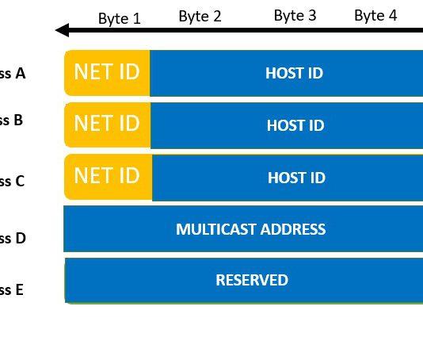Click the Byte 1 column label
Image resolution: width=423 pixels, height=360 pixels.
tap(120, 18)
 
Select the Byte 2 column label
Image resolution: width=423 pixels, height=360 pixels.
tap(200, 16)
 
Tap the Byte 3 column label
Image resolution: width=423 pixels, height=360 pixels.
tap(295, 15)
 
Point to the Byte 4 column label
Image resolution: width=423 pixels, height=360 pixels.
tap(375, 15)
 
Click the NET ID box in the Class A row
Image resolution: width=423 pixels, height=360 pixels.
tap(107, 72)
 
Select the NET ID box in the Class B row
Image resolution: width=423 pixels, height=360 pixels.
tap(107, 124)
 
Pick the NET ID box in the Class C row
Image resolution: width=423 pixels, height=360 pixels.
tap(107, 177)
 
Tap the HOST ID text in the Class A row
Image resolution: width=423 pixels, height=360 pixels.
tap(294, 73)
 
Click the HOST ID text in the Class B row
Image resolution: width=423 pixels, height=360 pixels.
tap(295, 125)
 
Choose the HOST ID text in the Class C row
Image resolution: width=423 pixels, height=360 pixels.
tap(296, 178)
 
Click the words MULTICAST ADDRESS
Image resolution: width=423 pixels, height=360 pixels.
tap(250, 229)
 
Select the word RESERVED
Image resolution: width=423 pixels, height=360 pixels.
tap(252, 280)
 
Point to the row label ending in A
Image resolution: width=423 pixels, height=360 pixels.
tap(13, 74)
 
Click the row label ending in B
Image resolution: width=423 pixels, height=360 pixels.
tap(12, 121)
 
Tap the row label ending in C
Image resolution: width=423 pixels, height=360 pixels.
tap(13, 181)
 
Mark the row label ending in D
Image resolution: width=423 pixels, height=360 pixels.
tap(13, 238)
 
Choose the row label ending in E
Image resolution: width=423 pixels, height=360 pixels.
tap(12, 289)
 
